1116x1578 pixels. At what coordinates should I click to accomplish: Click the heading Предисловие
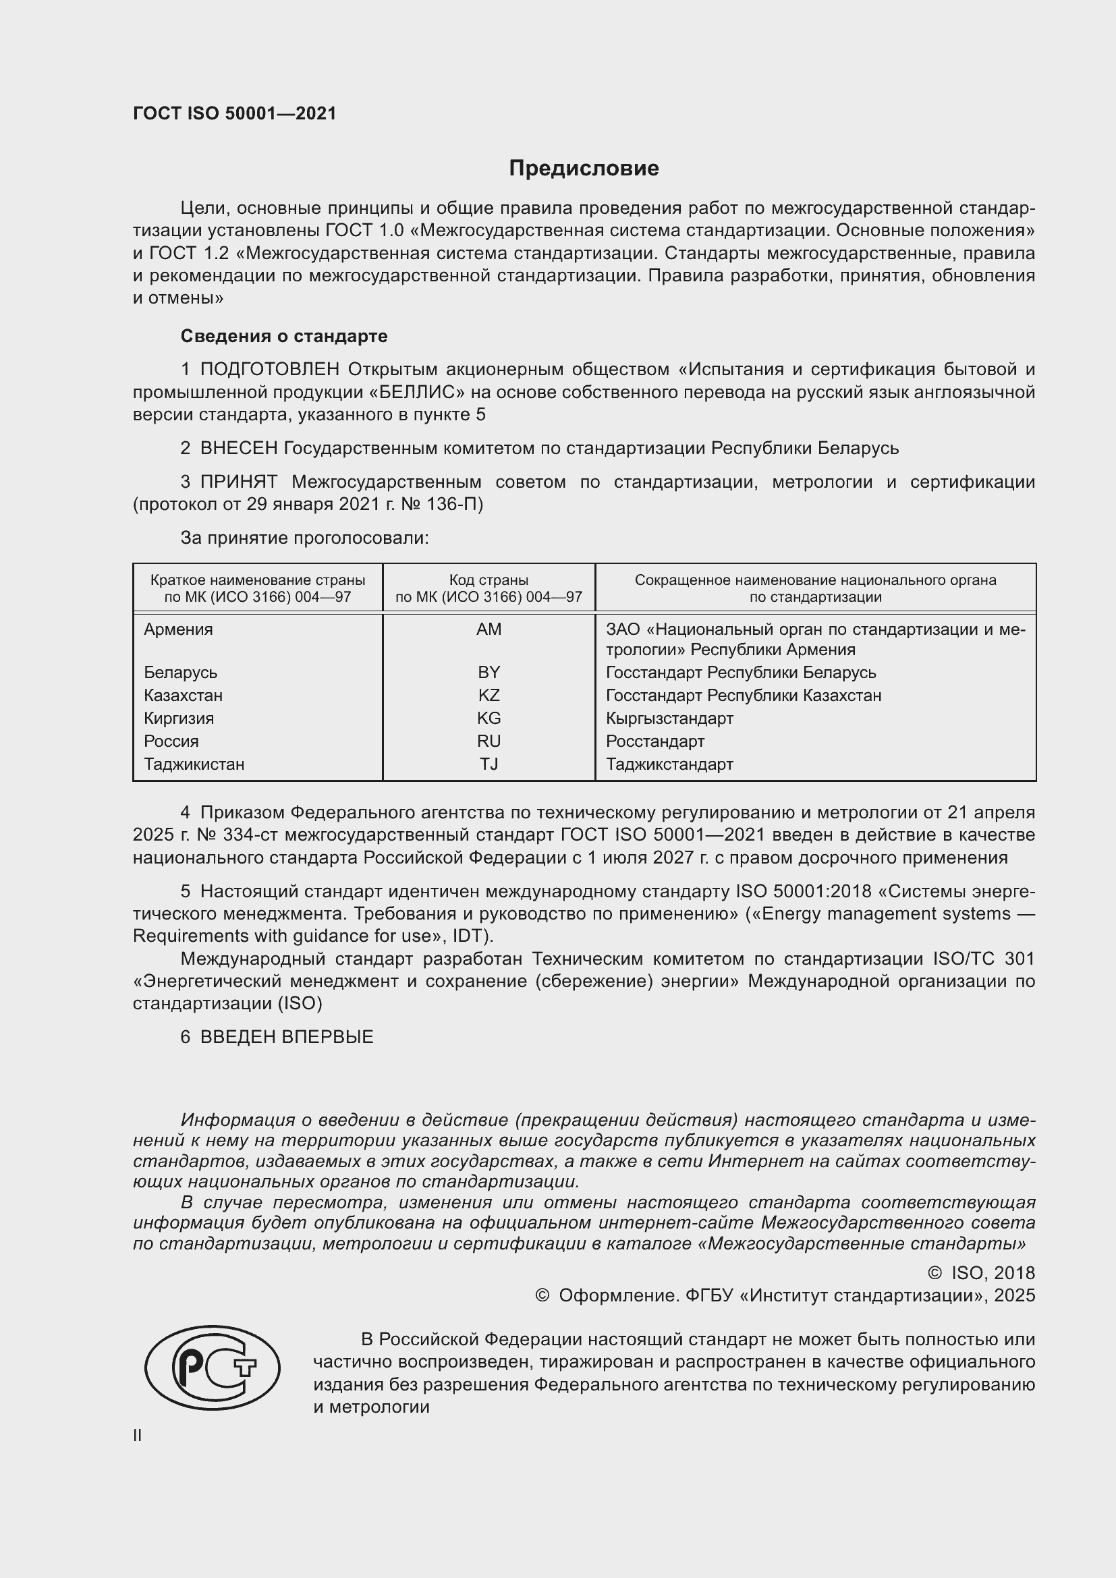(x=584, y=169)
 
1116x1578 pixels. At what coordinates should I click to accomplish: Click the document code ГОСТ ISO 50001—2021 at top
(x=234, y=114)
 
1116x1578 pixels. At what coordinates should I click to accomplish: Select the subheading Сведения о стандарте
(x=284, y=336)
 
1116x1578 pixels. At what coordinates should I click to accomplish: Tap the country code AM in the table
(x=489, y=629)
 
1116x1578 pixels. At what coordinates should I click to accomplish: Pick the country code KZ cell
(x=489, y=696)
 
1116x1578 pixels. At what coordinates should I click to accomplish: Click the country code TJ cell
(x=489, y=764)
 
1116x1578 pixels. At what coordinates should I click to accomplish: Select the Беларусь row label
(x=180, y=673)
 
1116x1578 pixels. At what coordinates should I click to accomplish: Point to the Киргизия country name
(x=179, y=719)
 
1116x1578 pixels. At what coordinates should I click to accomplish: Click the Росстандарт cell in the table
(x=655, y=741)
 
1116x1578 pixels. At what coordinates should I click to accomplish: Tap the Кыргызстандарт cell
(x=669, y=719)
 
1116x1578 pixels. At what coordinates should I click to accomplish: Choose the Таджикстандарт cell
(x=669, y=764)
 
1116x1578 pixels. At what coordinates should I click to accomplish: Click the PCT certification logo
(x=212, y=1368)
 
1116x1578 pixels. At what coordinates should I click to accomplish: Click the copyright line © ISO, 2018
(x=980, y=1274)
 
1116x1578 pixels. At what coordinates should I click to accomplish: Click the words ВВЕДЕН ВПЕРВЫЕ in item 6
(x=287, y=1037)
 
